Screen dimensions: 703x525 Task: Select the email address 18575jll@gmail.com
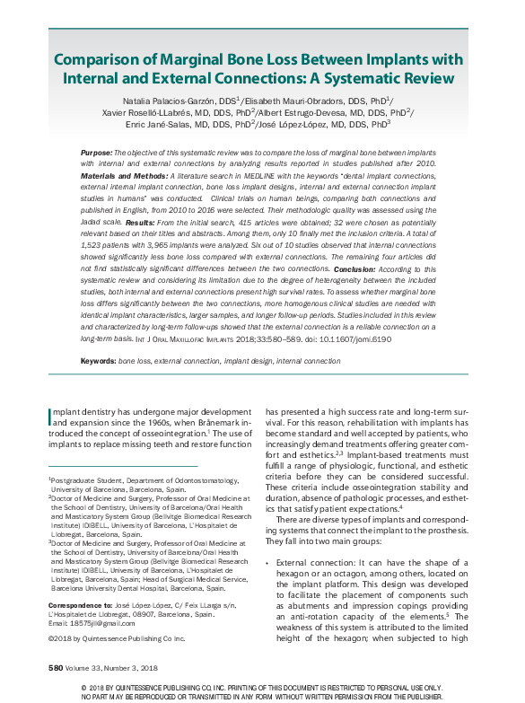(93, 622)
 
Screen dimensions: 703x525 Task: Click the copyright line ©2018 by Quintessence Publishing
(116, 638)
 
